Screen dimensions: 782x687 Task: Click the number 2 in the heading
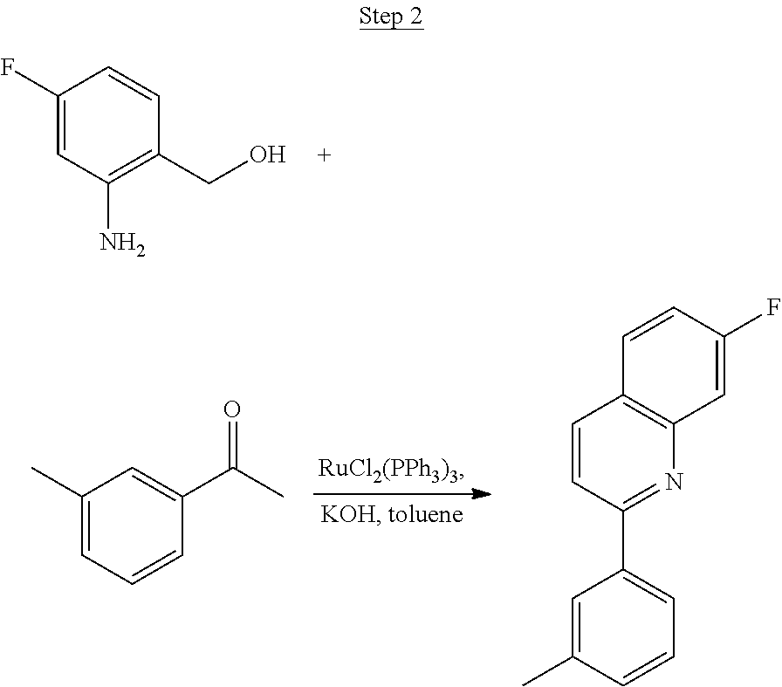415,16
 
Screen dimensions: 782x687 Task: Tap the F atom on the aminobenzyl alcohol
6,67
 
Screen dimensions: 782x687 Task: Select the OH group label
268,155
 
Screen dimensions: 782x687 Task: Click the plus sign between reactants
324,155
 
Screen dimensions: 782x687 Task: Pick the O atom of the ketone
232,409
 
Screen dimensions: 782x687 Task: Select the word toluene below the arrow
425,514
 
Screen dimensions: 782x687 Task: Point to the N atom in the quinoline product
674,482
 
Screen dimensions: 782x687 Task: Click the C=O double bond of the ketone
232,444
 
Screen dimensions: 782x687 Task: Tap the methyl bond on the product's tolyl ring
547,670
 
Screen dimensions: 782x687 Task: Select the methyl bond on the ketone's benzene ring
57,482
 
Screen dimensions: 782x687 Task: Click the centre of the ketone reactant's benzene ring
132,526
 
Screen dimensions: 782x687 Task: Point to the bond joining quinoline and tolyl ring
623,539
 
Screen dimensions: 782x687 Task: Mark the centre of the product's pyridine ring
623,454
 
